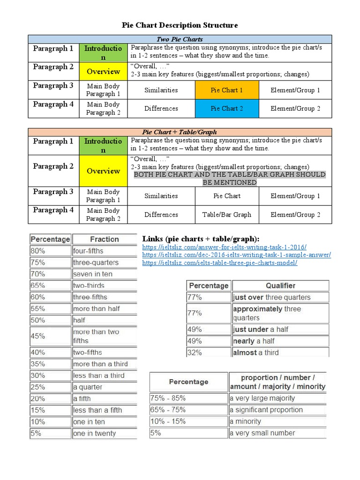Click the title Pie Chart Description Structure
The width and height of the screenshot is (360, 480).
[180, 25]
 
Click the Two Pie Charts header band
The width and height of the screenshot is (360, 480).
[180, 39]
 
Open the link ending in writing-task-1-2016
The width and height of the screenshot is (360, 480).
[225, 247]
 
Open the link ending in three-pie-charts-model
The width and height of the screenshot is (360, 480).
[220, 263]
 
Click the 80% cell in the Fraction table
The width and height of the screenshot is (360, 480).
[50, 251]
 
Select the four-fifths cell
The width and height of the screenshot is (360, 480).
[104, 251]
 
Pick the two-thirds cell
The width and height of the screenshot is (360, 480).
[104, 285]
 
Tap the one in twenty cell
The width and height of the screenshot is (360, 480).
[104, 434]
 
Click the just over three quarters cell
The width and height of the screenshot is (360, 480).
[280, 297]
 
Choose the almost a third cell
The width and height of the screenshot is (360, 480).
[280, 352]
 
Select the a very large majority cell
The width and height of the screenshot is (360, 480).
[277, 398]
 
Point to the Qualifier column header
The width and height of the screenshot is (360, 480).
[280, 285]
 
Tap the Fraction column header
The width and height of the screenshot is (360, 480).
[104, 239]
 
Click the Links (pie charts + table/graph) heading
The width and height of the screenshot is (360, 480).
[201, 239]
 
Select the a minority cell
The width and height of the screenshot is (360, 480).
[277, 421]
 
